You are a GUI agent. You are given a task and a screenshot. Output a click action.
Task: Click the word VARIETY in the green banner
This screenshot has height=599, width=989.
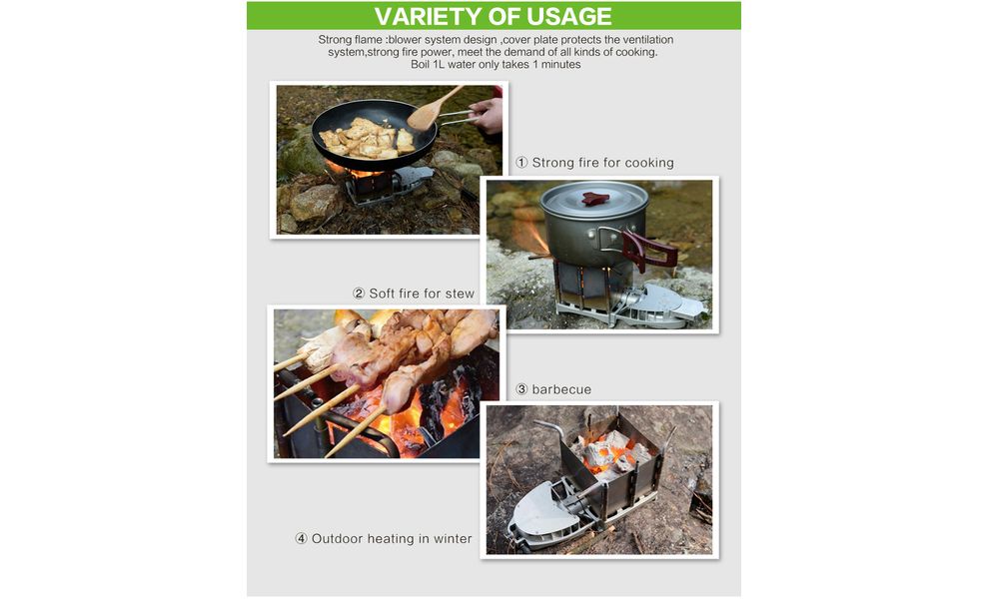click(427, 16)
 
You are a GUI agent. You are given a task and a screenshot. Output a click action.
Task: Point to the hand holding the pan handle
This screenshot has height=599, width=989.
click(488, 115)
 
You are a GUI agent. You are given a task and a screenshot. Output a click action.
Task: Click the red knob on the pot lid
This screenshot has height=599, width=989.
click(594, 199)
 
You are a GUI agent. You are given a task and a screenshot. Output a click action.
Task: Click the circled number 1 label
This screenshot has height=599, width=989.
click(521, 163)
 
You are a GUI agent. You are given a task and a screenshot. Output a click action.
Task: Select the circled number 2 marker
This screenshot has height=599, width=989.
click(359, 294)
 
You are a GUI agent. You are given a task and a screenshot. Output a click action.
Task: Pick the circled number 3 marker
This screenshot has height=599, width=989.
click(521, 389)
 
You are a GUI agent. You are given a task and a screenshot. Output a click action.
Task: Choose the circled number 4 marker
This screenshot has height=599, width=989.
click(302, 539)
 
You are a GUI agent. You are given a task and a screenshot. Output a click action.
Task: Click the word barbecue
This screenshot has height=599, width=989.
click(561, 389)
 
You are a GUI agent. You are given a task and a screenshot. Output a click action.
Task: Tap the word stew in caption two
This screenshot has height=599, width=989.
click(460, 294)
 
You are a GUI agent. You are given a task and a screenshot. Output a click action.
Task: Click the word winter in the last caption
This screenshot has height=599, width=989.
click(453, 539)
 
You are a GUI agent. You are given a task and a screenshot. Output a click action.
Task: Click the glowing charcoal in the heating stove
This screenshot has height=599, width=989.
click(610, 451)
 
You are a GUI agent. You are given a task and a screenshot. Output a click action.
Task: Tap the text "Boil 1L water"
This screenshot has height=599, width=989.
click(450, 64)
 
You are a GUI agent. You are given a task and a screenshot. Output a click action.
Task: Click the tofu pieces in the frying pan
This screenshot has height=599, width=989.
click(366, 139)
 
